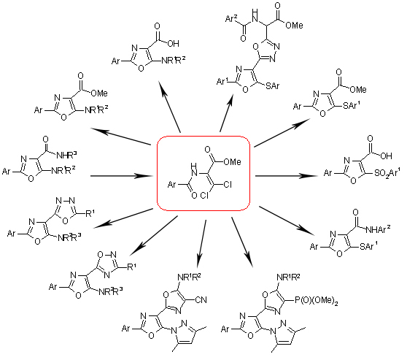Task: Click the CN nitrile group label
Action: (201, 300)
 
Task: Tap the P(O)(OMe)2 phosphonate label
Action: (317, 301)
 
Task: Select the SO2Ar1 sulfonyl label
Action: (387, 172)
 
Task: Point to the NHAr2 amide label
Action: (378, 229)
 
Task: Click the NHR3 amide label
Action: (66, 156)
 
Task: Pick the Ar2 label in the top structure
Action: (231, 19)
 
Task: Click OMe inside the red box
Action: (232, 161)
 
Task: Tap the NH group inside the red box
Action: (193, 169)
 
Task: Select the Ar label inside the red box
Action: (172, 185)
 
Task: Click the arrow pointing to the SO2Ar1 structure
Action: (287, 176)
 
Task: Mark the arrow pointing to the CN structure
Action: (201, 244)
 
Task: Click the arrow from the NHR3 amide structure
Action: (122, 176)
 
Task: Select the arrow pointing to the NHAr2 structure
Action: (287, 221)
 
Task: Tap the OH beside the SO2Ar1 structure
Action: (386, 156)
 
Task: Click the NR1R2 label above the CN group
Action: (189, 277)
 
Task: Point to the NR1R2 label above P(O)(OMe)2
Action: (288, 277)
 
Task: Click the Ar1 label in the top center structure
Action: (222, 81)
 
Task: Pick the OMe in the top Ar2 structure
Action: (294, 26)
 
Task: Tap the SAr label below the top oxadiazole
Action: (273, 85)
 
